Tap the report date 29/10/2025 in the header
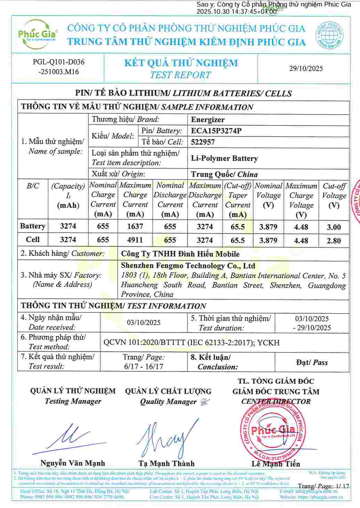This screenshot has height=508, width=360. click(306, 68)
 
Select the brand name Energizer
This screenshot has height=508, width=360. click(208, 120)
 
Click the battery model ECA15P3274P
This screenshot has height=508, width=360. click(216, 131)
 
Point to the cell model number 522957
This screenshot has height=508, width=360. click(203, 142)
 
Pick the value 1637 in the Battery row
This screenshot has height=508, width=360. click(135, 226)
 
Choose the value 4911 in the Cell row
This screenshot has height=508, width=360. click(135, 240)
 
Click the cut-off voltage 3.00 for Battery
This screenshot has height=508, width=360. click(334, 227)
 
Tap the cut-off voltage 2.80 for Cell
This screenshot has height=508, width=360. click(334, 241)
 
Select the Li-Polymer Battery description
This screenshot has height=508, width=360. click(224, 159)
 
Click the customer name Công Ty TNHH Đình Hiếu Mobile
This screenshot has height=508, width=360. click(180, 254)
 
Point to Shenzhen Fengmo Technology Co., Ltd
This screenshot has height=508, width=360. click(188, 266)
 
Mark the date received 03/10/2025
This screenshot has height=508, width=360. click(144, 322)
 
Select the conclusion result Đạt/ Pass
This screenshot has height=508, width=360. click(312, 362)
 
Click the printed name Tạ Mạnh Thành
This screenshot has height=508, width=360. click(166, 463)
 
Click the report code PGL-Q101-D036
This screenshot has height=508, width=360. click(58, 62)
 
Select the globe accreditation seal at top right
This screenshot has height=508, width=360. click(329, 34)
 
